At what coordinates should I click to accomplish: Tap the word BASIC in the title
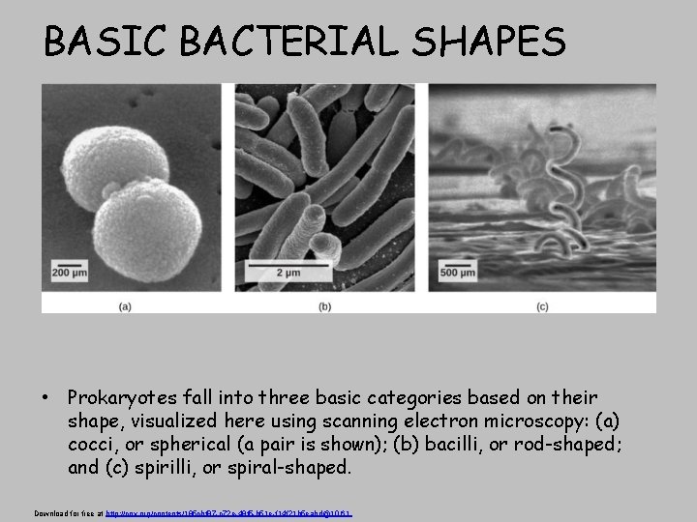point(92,42)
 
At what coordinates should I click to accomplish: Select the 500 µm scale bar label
point(460,275)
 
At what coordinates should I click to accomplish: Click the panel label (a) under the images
point(126,306)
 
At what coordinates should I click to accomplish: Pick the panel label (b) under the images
point(325,306)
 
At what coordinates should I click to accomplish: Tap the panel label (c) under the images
point(542,306)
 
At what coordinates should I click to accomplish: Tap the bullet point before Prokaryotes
point(45,398)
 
